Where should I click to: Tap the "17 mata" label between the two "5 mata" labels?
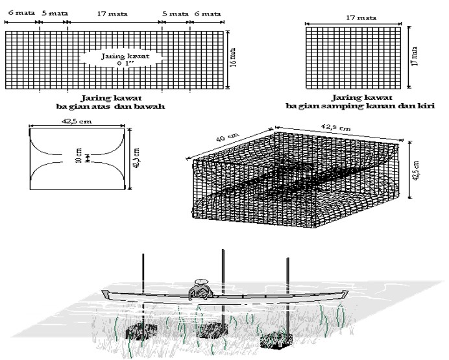[x=114, y=12]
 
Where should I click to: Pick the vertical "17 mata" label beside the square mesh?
[x=415, y=55]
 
